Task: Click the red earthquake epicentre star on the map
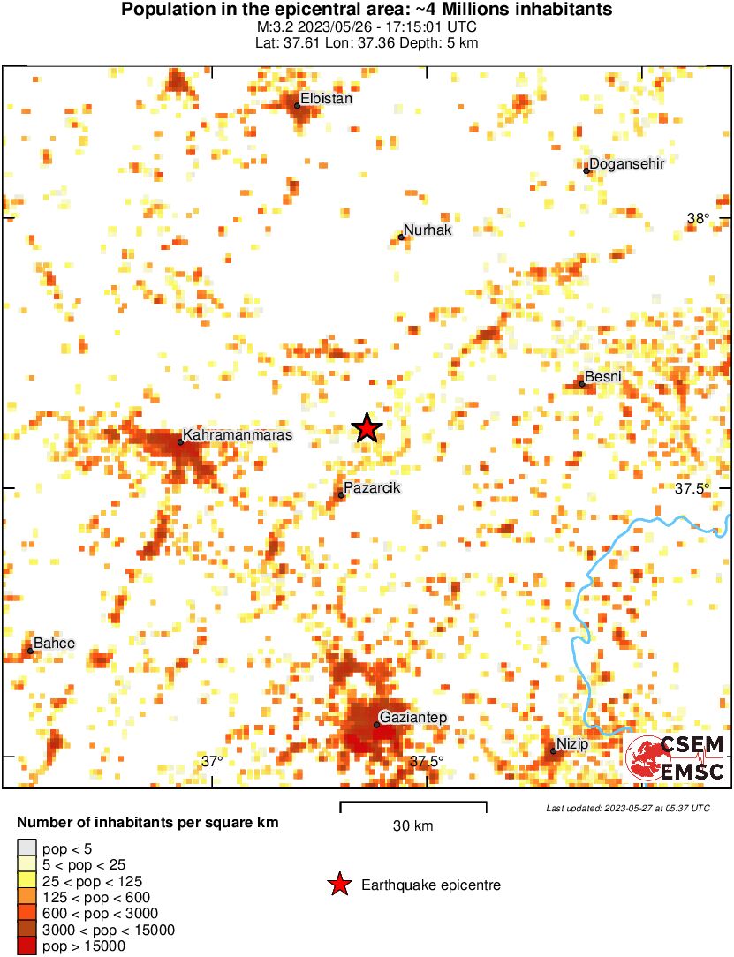tap(367, 428)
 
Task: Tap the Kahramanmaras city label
tap(236, 435)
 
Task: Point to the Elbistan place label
tap(326, 99)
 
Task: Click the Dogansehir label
tap(626, 163)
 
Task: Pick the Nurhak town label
tap(428, 230)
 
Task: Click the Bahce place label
tap(54, 643)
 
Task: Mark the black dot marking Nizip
tap(553, 751)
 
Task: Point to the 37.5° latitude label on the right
tap(692, 488)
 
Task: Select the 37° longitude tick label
tap(211, 761)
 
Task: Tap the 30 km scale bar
tap(413, 803)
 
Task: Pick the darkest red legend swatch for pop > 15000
tap(27, 946)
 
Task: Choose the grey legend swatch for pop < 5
tap(27, 848)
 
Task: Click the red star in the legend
tap(338, 885)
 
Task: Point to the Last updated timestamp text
tap(627, 808)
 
